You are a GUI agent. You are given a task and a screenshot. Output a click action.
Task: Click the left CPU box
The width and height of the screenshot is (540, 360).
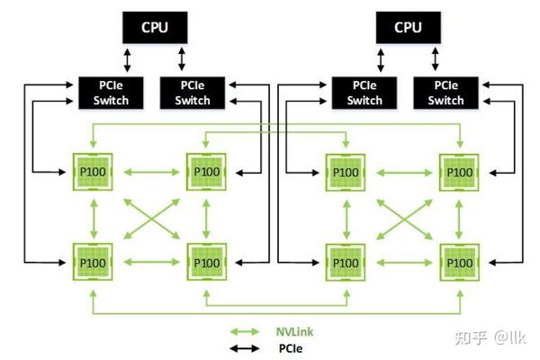(154, 27)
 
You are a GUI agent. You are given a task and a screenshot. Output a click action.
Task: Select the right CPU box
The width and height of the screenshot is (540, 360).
(408, 27)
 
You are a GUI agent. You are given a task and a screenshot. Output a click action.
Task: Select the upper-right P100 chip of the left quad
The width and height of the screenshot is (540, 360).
(207, 171)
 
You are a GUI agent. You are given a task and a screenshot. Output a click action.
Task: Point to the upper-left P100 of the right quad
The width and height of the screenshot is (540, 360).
(346, 171)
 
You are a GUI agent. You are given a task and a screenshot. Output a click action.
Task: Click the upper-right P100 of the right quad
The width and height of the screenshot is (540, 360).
(460, 171)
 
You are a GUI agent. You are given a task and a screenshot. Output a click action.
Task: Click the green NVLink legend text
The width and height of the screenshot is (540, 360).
(293, 331)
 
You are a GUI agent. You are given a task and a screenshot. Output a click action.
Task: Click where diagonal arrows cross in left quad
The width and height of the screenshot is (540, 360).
(149, 217)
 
